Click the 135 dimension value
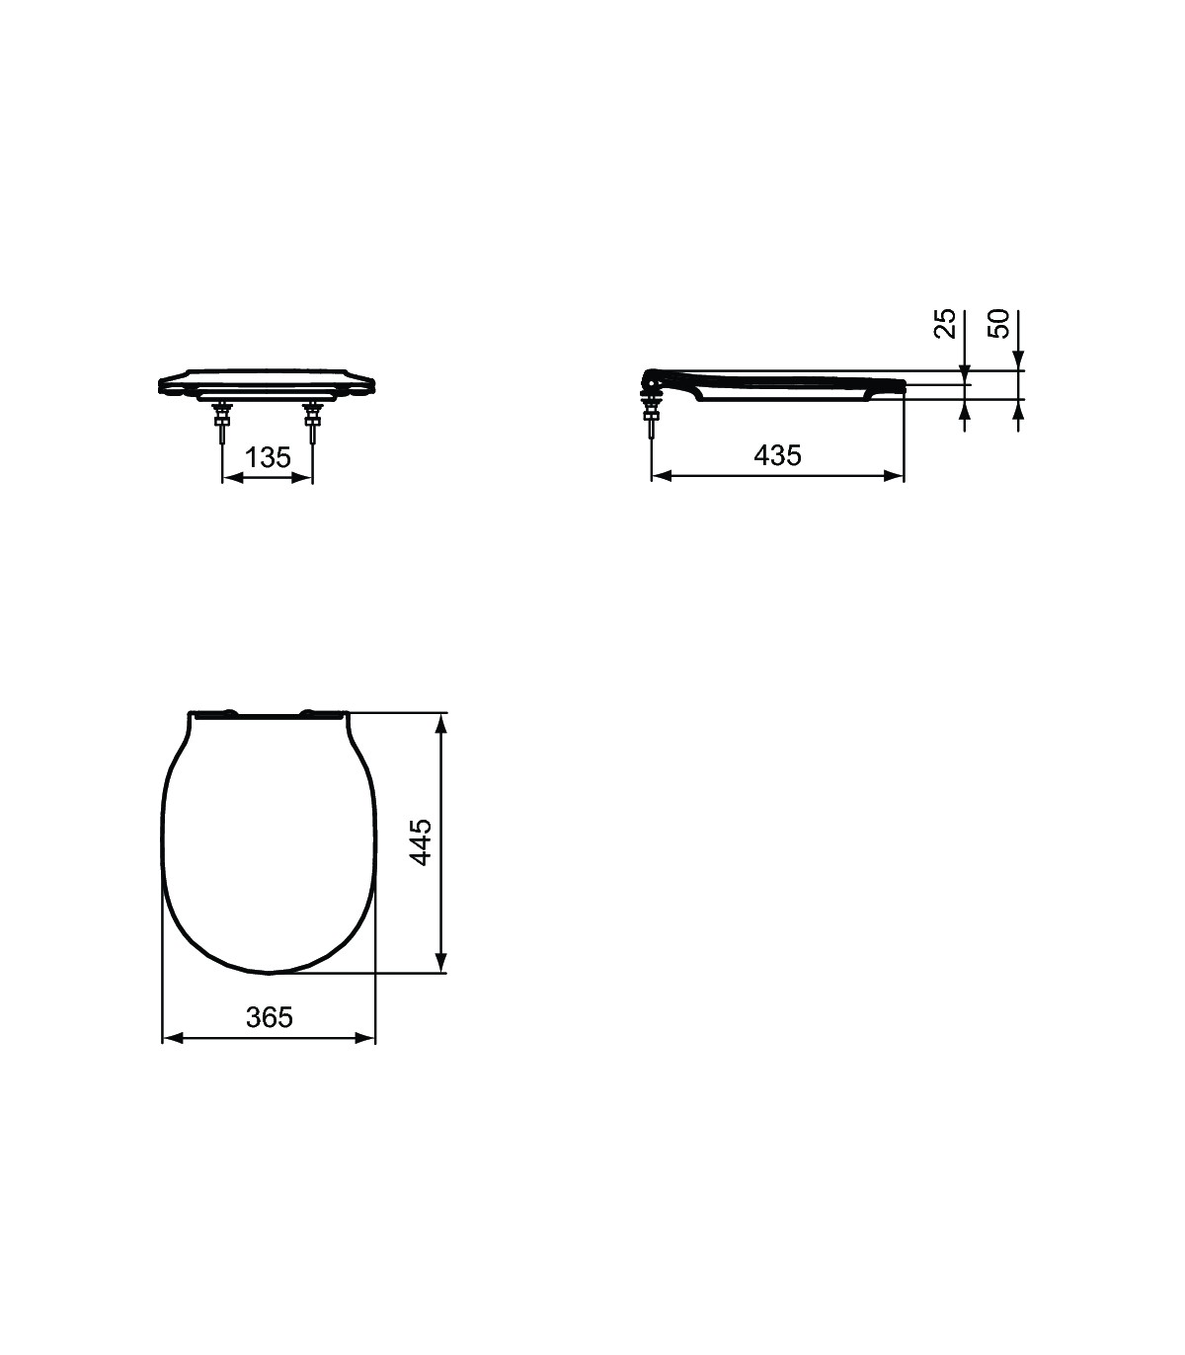point(269,457)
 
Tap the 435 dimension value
point(777,455)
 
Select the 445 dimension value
point(421,842)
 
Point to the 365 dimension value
point(269,1016)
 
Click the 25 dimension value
point(945,323)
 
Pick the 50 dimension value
point(999,323)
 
